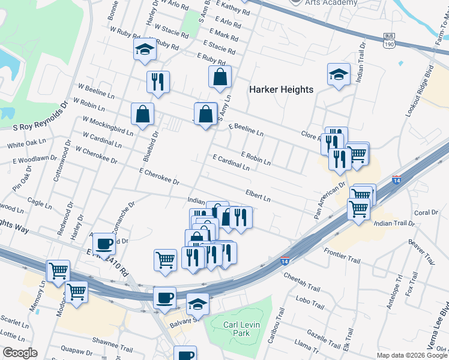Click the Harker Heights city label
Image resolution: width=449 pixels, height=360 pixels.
coord(281,89)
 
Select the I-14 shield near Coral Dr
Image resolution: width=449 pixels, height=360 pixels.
coord(396,180)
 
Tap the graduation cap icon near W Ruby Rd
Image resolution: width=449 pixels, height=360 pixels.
coord(145,50)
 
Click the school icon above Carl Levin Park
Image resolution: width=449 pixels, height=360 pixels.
coord(197,304)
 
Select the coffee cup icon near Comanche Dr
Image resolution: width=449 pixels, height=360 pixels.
coord(104,244)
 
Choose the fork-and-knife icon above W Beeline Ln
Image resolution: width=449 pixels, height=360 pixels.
coord(158,82)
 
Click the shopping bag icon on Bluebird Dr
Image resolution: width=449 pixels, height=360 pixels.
coord(143,113)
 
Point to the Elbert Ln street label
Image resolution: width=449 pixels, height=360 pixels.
coord(258,195)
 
